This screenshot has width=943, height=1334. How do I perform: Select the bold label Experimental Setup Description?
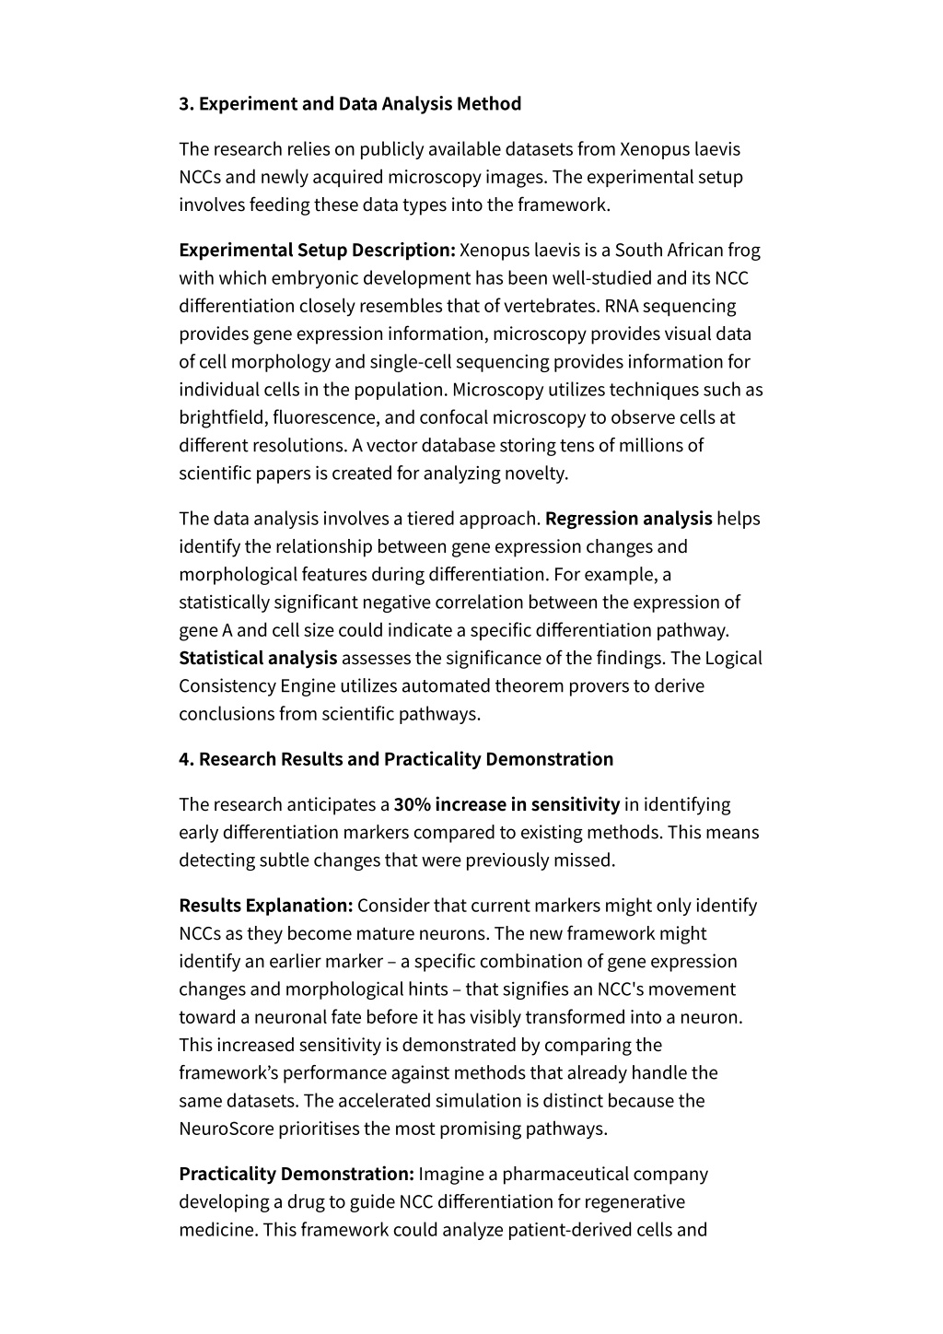317,251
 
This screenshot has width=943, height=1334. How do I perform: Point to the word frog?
744,251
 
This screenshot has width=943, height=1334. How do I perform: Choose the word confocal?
452,417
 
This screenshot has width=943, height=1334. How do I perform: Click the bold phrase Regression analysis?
628,519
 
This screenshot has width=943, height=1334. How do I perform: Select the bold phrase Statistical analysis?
258,658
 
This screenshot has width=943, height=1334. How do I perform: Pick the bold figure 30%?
413,805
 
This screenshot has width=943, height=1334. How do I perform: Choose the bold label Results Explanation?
266,906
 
